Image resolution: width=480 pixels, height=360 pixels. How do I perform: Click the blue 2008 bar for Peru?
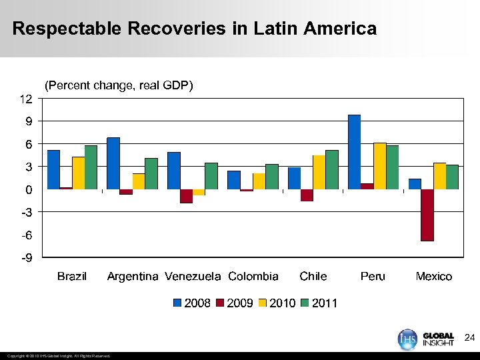pos(354,152)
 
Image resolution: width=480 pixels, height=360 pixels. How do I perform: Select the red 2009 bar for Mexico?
pos(427,215)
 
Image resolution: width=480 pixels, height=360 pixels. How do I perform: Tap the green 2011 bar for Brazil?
pos(91,167)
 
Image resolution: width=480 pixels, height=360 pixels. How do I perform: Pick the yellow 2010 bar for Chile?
pos(319,172)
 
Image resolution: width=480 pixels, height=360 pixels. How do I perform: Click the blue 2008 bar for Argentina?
pos(113,163)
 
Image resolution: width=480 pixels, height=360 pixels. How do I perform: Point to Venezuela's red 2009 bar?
pos(186,196)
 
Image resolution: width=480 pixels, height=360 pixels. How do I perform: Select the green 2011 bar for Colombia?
pos(272,177)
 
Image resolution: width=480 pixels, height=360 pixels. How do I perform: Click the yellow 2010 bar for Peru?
pos(380,166)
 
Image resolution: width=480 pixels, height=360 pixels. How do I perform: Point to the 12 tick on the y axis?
pos(25,99)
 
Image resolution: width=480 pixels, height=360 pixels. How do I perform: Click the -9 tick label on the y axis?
pos(24,258)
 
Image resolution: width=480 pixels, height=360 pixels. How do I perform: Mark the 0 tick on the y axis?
pos(28,190)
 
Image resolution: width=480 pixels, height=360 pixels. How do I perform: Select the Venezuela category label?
pos(193,276)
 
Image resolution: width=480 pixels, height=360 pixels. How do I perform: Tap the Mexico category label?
pos(433,276)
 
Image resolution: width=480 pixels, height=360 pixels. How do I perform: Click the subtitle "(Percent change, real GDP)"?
pos(119,85)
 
